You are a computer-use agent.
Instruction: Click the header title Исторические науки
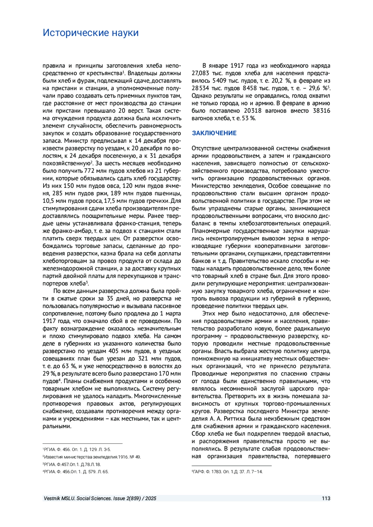point(90,33)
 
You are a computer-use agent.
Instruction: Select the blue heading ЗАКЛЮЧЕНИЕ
point(214,133)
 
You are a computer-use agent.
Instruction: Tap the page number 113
point(326,498)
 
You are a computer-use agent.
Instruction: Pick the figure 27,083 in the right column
point(200,73)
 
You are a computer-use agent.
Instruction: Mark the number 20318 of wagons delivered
point(252,111)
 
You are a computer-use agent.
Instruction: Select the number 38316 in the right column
point(321,111)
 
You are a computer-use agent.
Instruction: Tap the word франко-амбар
point(71,231)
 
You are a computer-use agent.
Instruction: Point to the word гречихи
point(157,201)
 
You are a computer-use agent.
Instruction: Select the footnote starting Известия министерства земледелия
point(92,457)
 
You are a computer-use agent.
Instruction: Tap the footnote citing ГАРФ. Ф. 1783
point(228,472)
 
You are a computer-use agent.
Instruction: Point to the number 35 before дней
point(110,299)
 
